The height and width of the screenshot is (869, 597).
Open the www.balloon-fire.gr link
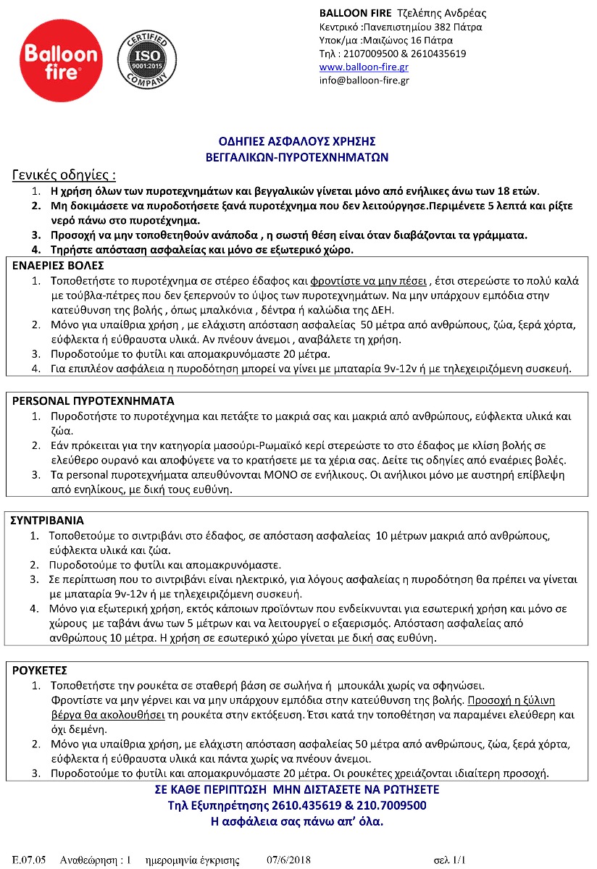tap(364, 67)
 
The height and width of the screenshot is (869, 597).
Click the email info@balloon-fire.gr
tap(364, 80)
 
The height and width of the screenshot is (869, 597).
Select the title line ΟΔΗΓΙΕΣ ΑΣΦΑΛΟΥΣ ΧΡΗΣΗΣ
tap(297, 141)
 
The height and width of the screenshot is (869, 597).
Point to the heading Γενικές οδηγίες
tap(64, 175)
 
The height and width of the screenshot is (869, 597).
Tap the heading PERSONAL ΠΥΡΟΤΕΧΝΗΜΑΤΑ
tap(93, 400)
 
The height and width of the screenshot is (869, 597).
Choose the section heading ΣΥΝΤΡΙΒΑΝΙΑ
tap(49, 520)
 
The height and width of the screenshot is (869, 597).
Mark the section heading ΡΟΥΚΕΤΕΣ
tap(40, 671)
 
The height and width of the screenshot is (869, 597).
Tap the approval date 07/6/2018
tap(288, 860)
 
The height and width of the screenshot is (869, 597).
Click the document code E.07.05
tap(30, 860)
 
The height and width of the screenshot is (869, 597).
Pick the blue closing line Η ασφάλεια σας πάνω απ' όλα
tap(296, 821)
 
